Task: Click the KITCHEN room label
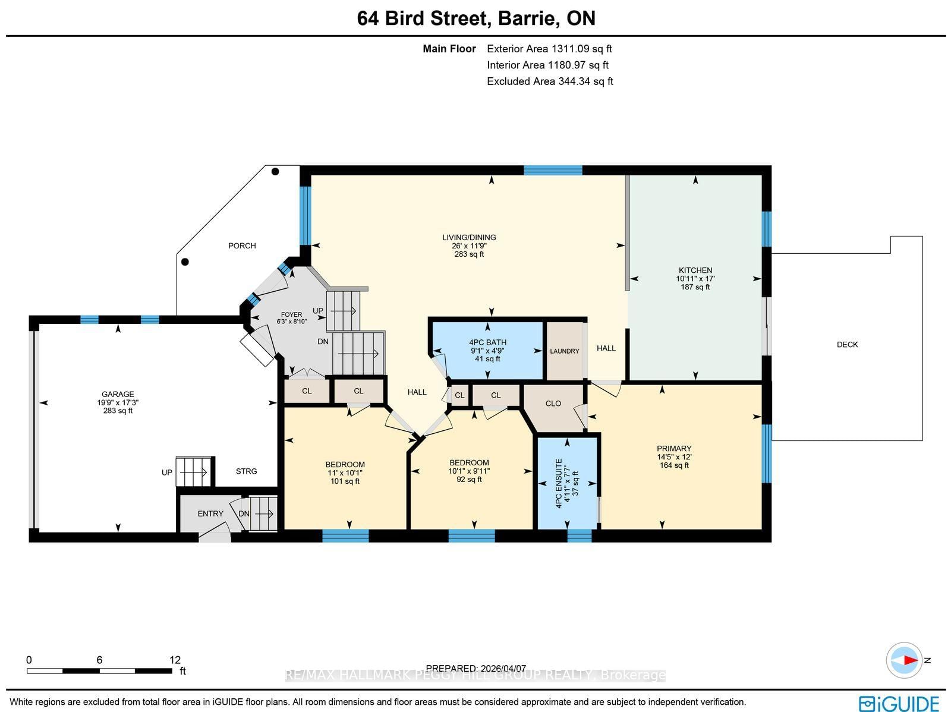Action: [695, 270]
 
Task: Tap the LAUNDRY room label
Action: [564, 351]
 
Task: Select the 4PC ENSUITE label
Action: [559, 483]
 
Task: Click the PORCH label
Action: [242, 245]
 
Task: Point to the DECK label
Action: [847, 345]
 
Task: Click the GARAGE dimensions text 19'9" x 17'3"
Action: [118, 402]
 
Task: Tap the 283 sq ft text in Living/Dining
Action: [469, 254]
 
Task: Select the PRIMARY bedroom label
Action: [674, 449]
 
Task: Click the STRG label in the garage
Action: [246, 471]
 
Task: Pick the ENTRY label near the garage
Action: [210, 513]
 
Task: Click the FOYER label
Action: [291, 315]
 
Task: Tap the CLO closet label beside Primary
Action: [553, 404]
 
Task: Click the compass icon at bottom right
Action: [904, 660]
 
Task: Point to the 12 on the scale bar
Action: [175, 660]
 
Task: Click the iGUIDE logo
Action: [899, 703]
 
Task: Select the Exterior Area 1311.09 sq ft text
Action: [549, 49]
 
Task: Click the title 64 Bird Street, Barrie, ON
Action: [476, 18]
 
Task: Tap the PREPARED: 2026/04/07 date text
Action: [476, 669]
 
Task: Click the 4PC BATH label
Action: [487, 342]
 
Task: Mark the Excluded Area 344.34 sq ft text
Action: [550, 81]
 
